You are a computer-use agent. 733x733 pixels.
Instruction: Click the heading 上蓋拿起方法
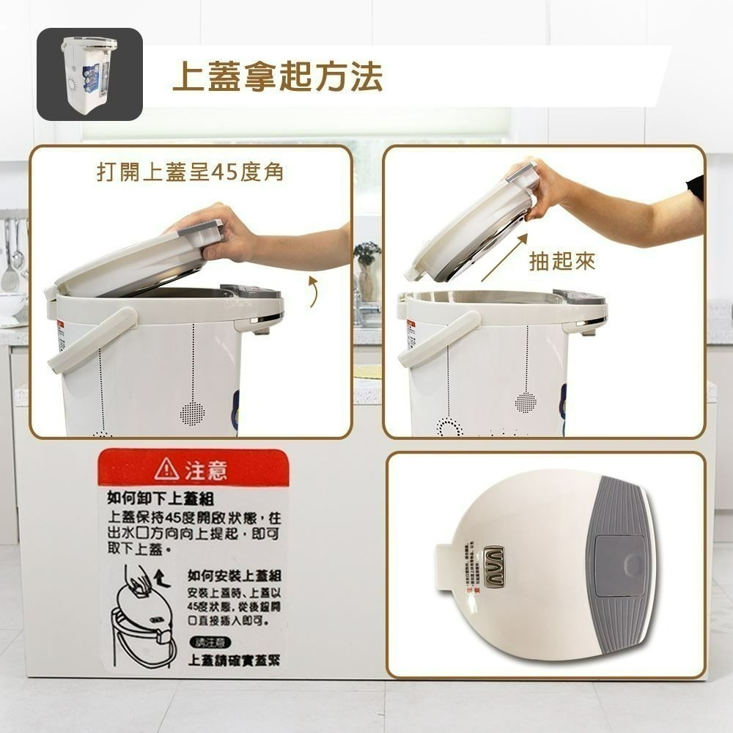(x=277, y=77)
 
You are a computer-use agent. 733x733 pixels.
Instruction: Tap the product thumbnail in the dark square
(x=89, y=74)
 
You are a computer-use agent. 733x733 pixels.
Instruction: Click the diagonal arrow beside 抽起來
(x=504, y=258)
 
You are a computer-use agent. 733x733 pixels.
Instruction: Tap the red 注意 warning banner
(x=192, y=468)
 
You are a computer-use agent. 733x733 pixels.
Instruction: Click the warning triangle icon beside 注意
(x=168, y=468)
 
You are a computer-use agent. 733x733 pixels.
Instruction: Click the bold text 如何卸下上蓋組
(x=160, y=500)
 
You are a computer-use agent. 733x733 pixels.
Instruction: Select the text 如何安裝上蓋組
(x=235, y=575)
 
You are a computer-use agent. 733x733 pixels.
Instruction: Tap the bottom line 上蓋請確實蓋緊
(x=234, y=661)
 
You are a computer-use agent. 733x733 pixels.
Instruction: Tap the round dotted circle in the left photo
(x=192, y=413)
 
